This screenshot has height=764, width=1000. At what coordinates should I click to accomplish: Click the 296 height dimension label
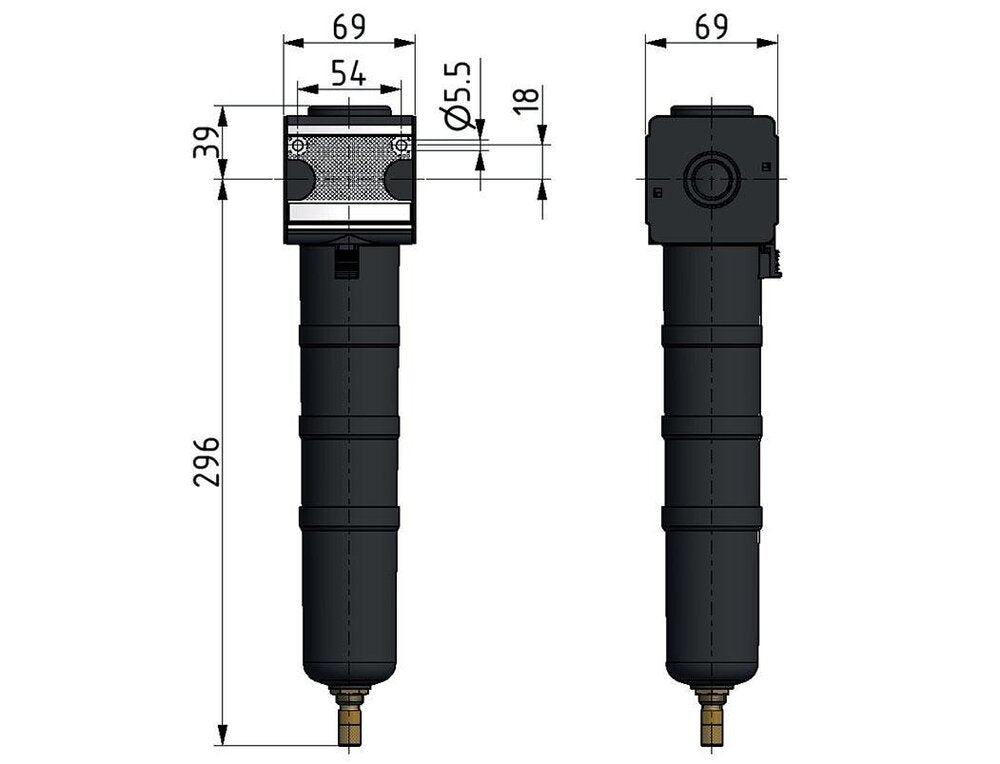coord(206,462)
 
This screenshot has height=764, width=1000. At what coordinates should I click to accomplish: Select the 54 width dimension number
coord(349,73)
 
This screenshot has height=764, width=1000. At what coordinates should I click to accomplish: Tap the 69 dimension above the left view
coord(349,27)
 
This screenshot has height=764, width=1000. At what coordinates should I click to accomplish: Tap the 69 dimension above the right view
coord(711,27)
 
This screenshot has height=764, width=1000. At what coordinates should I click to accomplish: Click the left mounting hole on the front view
coord(297,146)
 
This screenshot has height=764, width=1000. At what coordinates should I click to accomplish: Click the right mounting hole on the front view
coord(401,146)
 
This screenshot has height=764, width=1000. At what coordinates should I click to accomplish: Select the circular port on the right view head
coord(711,179)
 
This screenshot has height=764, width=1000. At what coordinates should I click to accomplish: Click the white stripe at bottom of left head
coord(349,213)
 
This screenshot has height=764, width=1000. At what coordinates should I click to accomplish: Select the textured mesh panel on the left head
coord(349,165)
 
